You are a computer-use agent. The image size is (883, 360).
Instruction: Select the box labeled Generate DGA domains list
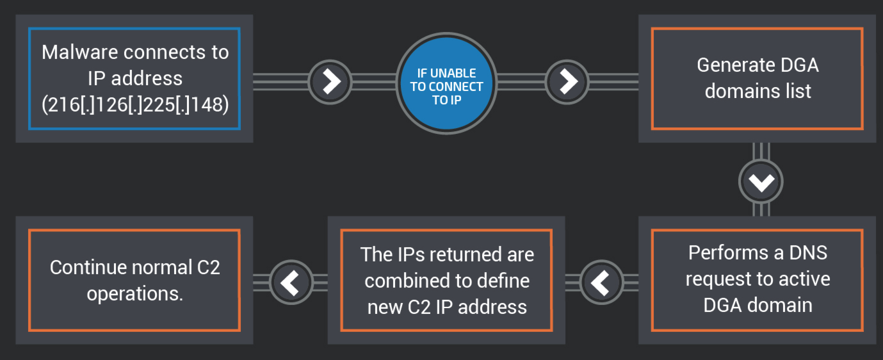tap(757, 78)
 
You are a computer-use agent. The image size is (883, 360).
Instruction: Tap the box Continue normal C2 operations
tap(134, 280)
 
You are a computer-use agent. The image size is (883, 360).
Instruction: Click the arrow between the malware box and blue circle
tap(330, 81)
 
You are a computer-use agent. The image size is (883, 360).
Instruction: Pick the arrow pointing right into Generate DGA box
tap(567, 81)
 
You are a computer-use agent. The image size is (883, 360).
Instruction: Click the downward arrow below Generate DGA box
tap(761, 182)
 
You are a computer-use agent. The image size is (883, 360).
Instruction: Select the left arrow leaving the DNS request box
tap(601, 282)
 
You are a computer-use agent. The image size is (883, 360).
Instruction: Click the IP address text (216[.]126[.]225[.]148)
tap(135, 104)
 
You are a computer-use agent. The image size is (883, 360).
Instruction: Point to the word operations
tap(134, 293)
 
